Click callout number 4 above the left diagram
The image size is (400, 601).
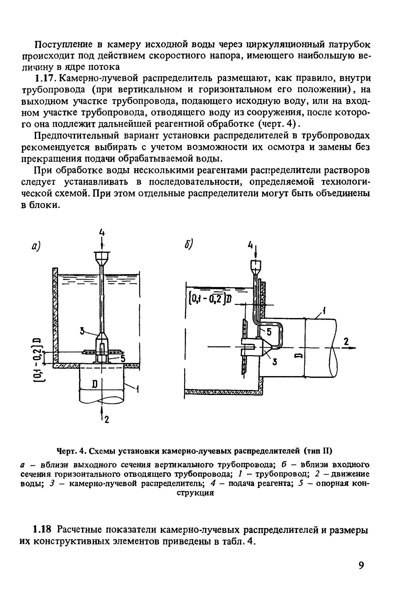coord(102,232)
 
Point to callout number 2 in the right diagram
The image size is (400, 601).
coord(346,342)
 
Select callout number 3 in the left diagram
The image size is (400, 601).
coord(82,331)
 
